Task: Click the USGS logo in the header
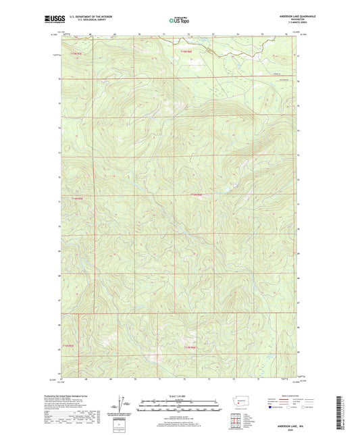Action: pos(53,20)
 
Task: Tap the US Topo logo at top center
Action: pos(179,20)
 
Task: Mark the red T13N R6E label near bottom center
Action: pos(190,347)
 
